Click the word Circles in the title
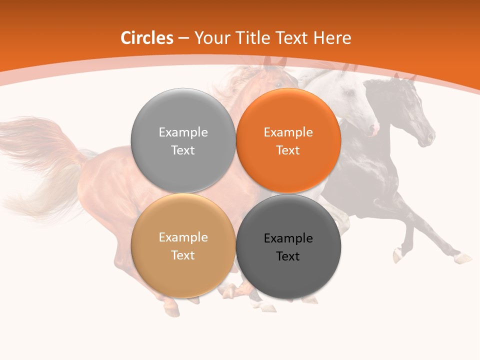tap(146, 38)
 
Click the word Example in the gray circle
tap(183, 132)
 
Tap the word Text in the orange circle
tap(288, 150)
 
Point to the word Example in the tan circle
tap(183, 237)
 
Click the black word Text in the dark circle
tap(288, 256)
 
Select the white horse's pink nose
tap(374, 129)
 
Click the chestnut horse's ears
tap(274, 62)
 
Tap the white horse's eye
tap(349, 93)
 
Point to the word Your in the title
tap(210, 38)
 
